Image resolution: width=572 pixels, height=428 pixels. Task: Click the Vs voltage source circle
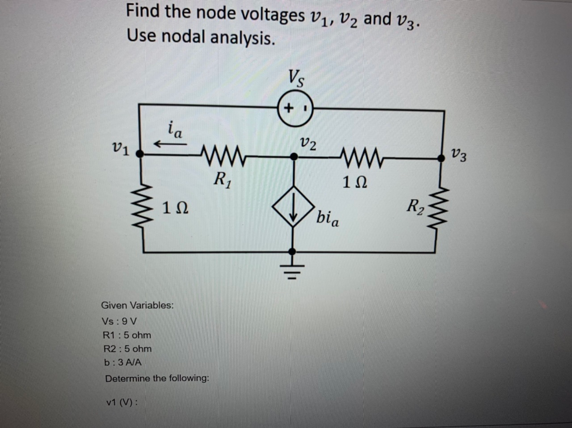click(x=295, y=109)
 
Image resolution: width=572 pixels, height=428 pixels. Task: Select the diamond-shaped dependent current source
click(x=293, y=210)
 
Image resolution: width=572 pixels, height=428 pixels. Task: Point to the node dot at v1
click(x=140, y=154)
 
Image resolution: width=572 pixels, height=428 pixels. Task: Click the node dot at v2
click(x=294, y=156)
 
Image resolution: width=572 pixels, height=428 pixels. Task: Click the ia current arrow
click(x=170, y=144)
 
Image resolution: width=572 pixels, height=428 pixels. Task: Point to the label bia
click(x=328, y=218)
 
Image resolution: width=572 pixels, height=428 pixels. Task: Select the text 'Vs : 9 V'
click(x=120, y=321)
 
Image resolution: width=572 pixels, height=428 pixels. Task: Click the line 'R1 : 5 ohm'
click(x=127, y=335)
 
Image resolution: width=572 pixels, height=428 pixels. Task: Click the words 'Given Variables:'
click(x=137, y=306)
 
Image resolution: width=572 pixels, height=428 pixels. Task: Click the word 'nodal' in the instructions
click(x=184, y=37)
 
